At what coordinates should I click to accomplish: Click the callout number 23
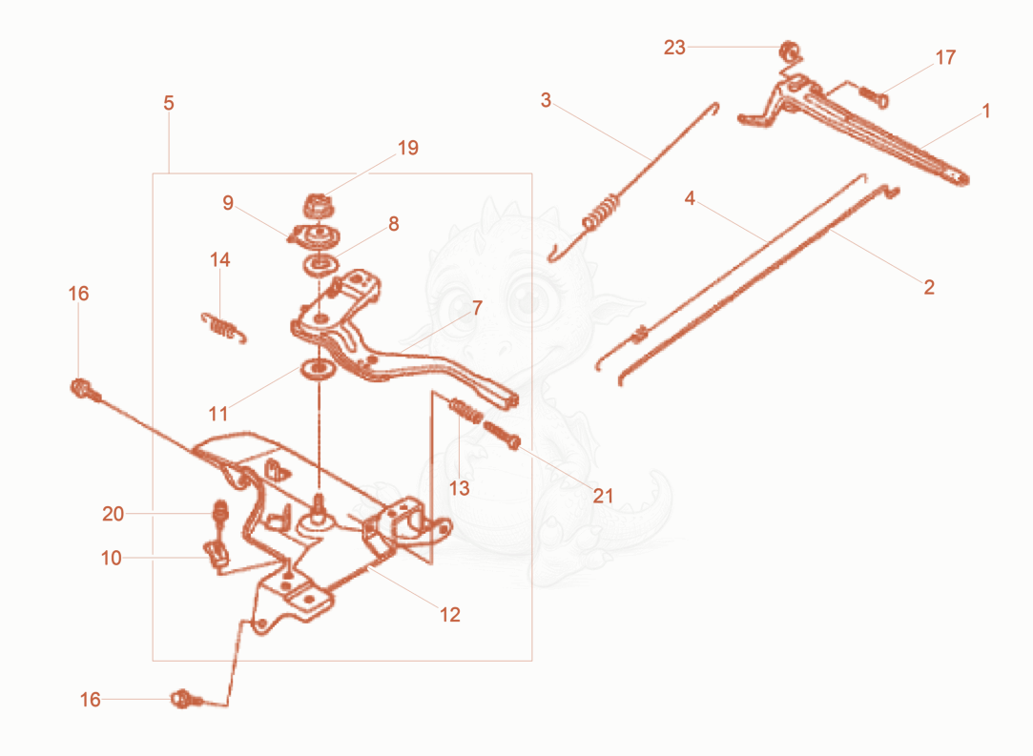pyautogui.click(x=674, y=48)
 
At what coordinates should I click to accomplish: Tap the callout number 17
pyautogui.click(x=945, y=58)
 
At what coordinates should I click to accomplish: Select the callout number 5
pyautogui.click(x=169, y=103)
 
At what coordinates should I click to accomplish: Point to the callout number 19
pyautogui.click(x=408, y=148)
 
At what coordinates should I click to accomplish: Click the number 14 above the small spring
pyautogui.click(x=220, y=259)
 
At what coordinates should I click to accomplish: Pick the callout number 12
pyautogui.click(x=450, y=614)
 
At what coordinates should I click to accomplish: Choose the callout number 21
pyautogui.click(x=603, y=495)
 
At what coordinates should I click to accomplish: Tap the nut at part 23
pyautogui.click(x=788, y=51)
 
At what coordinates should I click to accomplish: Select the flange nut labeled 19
pyautogui.click(x=319, y=206)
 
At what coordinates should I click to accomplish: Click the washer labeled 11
pyautogui.click(x=319, y=369)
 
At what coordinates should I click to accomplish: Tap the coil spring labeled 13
pyautogui.click(x=465, y=410)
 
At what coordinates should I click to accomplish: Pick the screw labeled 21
pyautogui.click(x=503, y=436)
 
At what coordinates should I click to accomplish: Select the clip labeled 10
pyautogui.click(x=217, y=554)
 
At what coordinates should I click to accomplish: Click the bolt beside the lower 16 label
pyautogui.click(x=184, y=699)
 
